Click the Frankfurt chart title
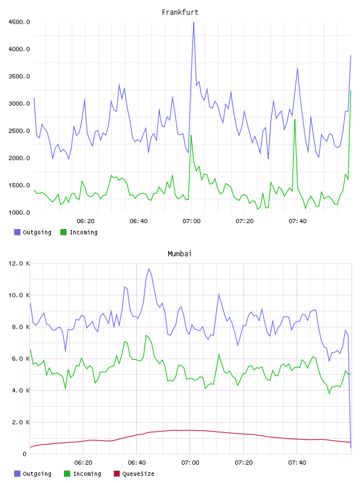tap(180, 12)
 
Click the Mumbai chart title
tap(179, 254)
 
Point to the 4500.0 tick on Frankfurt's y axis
tap(19, 22)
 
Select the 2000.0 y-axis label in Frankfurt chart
tap(19, 158)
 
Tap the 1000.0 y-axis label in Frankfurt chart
tap(19, 212)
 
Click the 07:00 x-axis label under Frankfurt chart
tap(191, 221)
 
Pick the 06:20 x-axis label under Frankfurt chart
tap(85, 221)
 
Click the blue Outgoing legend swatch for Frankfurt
tap(17, 232)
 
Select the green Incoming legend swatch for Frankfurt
tap(63, 232)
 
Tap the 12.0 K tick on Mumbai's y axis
tap(19, 263)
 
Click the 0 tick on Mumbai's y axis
tap(25, 454)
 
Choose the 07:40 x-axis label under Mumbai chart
tap(297, 463)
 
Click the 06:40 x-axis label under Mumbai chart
tap(137, 463)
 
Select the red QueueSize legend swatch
tap(117, 474)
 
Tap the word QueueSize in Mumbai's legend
tap(138, 474)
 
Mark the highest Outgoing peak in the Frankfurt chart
tap(194, 22)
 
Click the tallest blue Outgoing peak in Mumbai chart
tap(149, 269)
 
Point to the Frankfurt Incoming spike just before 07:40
tap(295, 120)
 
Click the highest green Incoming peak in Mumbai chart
tap(146, 335)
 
